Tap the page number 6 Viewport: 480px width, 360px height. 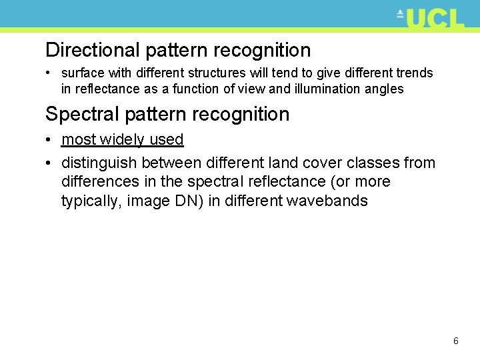(456, 341)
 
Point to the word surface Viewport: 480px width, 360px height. (83, 73)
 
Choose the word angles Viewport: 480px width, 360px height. (383, 89)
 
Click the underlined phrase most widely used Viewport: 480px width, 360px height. (122, 139)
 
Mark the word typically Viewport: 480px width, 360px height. (89, 201)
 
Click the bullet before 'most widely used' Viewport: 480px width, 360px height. (50, 139)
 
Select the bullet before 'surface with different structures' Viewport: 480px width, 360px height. (50, 73)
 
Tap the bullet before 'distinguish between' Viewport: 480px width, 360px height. (50, 163)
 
